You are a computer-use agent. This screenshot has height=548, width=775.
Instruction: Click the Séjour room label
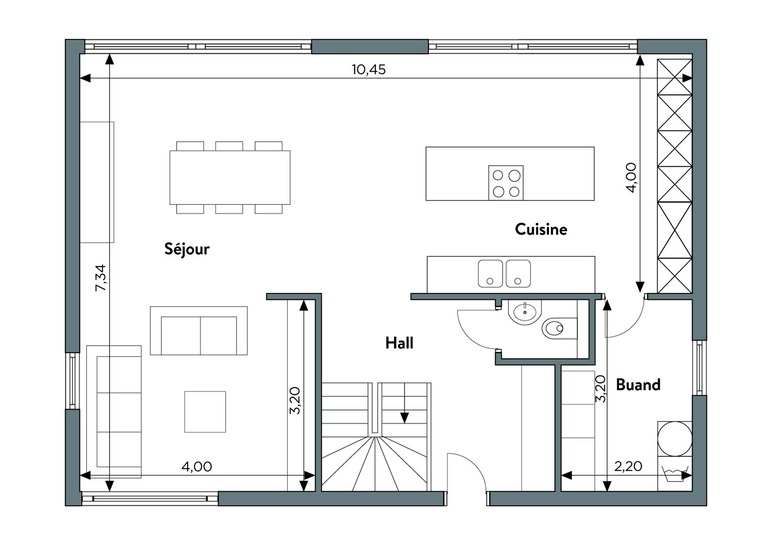pyautogui.click(x=187, y=249)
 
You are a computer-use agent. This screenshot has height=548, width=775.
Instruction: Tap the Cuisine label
pyautogui.click(x=541, y=229)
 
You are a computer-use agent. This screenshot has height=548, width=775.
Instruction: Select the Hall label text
pyautogui.click(x=399, y=343)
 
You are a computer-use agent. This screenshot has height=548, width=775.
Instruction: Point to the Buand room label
pyautogui.click(x=638, y=385)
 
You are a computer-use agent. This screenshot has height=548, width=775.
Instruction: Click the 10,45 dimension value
pyautogui.click(x=369, y=69)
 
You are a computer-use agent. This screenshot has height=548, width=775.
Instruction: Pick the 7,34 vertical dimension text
pyautogui.click(x=101, y=278)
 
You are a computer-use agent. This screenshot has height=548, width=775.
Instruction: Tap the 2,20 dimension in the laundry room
pyautogui.click(x=628, y=466)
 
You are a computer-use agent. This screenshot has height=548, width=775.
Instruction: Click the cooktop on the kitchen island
pyautogui.click(x=506, y=183)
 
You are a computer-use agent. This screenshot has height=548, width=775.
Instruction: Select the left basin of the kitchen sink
pyautogui.click(x=490, y=273)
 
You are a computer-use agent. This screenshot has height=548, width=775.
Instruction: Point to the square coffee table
pyautogui.click(x=205, y=412)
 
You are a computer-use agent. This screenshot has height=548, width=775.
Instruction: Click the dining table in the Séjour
pyautogui.click(x=230, y=178)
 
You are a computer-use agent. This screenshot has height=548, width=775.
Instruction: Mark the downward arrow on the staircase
pyautogui.click(x=404, y=403)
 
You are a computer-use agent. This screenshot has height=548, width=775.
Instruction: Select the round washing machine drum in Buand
pyautogui.click(x=675, y=439)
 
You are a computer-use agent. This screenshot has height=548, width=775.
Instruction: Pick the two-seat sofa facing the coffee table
pyautogui.click(x=199, y=331)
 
